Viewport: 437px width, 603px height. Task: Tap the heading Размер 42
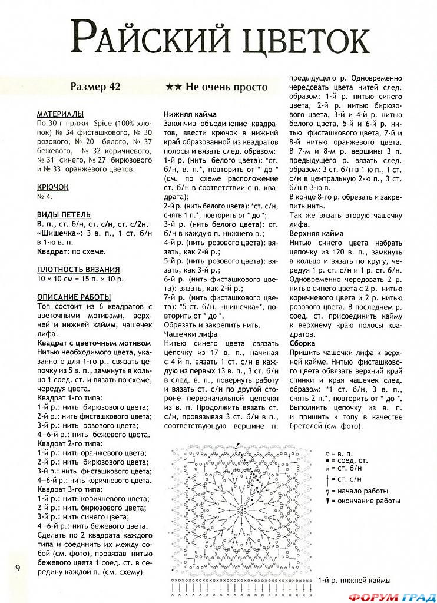coord(95,87)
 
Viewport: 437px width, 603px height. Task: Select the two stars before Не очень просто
coord(173,87)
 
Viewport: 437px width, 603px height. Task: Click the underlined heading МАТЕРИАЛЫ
coord(59,114)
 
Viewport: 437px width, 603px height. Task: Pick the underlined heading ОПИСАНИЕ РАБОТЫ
coord(74,297)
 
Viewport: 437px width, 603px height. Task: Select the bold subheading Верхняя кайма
coord(316,234)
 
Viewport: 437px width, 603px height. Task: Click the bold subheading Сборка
coord(302,343)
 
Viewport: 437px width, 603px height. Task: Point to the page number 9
coord(18,568)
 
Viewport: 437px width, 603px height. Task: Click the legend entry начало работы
coord(363,491)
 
